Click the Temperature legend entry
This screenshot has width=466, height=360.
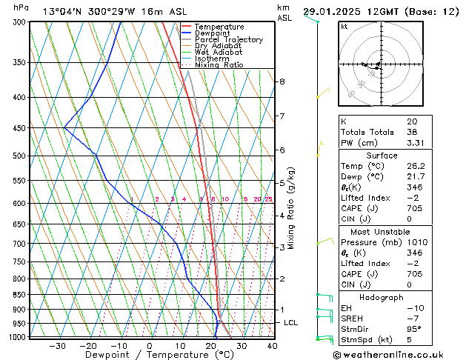219,27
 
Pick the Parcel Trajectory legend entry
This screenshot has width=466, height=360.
228,40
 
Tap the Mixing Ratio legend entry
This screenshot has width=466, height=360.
219,65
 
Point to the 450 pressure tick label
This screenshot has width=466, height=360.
20,128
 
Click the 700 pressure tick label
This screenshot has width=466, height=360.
20,244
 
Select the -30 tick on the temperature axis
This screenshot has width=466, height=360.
57,346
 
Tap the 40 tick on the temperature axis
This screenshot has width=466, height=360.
272,346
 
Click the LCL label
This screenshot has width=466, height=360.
291,323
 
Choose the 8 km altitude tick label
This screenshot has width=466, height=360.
282,81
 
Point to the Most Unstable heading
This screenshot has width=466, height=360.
382,231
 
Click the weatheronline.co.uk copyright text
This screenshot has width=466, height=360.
398,354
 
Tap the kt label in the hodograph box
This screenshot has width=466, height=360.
344,26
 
